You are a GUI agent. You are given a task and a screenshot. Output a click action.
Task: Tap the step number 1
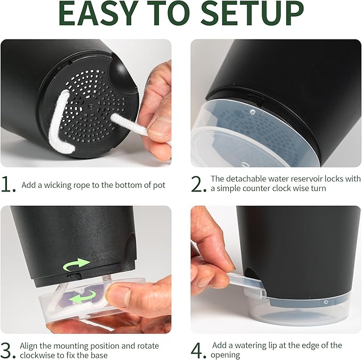pos(8,185)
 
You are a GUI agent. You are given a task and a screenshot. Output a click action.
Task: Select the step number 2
pos(198,184)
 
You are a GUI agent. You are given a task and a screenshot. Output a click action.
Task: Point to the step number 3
pos(8,351)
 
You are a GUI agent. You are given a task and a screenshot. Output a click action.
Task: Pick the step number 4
pos(198,351)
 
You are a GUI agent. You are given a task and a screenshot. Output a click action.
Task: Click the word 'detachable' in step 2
pos(246,179)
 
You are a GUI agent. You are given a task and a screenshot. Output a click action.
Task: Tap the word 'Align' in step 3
pos(29,346)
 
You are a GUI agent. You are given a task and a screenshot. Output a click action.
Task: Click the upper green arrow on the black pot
pos(76,264)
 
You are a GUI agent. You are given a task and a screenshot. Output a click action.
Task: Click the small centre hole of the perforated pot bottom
pos(90,106)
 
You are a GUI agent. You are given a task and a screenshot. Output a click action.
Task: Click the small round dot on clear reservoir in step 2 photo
pos(253,112)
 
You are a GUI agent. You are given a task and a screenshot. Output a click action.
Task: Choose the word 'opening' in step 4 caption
pos(225,355)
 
